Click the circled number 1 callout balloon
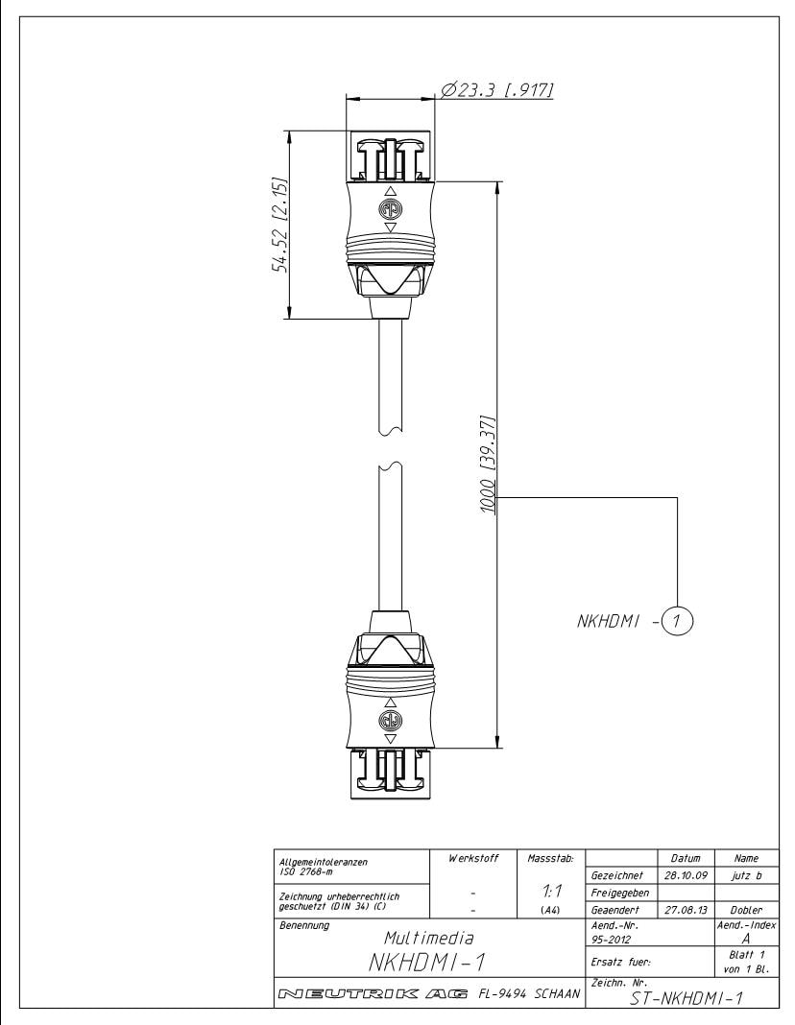point(677,622)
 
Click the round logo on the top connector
point(391,208)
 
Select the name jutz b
point(747,874)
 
